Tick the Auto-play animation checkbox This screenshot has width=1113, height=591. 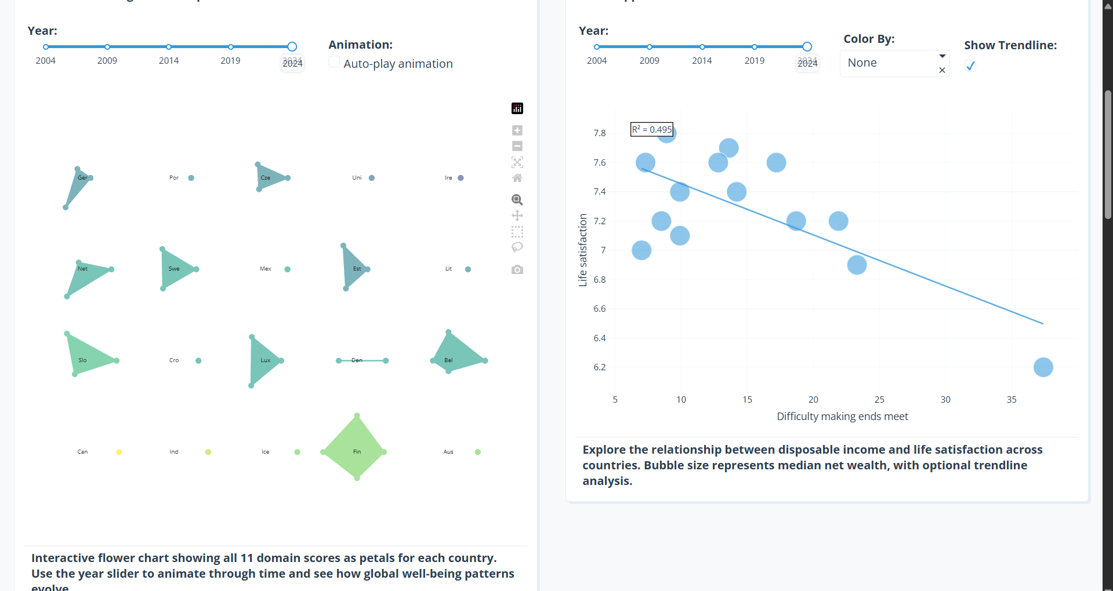[x=334, y=62]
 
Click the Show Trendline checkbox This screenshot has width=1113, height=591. [x=970, y=66]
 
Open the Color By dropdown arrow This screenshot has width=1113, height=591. [x=942, y=56]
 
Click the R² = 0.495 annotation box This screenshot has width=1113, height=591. [x=652, y=129]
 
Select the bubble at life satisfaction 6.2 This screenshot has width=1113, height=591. [x=1043, y=367]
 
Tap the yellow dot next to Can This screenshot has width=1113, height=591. [x=119, y=452]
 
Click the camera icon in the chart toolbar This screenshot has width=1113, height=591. [x=517, y=270]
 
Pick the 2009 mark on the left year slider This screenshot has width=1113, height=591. [x=107, y=47]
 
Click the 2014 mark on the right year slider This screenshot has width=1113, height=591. [x=702, y=47]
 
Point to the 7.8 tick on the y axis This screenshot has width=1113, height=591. [x=599, y=133]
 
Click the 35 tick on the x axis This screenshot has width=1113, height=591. [x=1012, y=400]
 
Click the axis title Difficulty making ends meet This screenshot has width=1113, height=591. [x=842, y=417]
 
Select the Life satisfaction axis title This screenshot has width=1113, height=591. [x=583, y=250]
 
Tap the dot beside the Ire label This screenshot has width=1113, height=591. [x=461, y=178]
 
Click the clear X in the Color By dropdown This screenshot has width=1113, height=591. [x=942, y=70]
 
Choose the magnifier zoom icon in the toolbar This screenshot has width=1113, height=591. [x=517, y=200]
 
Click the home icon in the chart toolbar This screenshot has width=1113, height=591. [x=517, y=178]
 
